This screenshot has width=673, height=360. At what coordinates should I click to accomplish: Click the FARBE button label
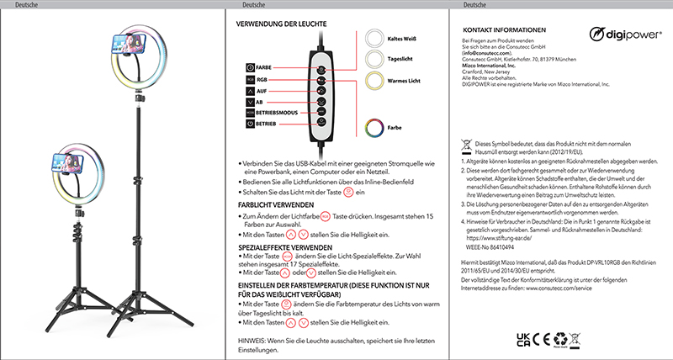(x=263, y=66)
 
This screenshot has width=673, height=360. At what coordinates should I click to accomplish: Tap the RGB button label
(x=262, y=81)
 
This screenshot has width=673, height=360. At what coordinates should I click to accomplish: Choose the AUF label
(x=262, y=95)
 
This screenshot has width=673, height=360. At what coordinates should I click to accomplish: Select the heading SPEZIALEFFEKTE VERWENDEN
(x=286, y=247)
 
